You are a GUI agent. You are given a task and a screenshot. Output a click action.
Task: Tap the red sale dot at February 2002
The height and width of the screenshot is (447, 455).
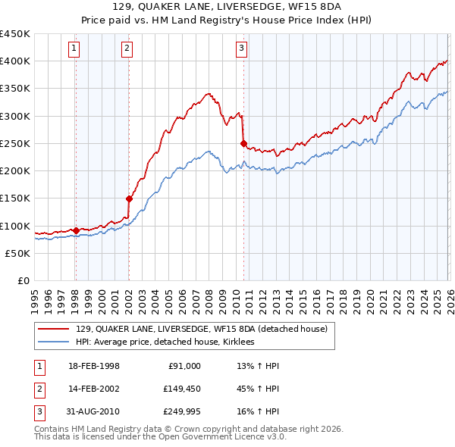[129, 199]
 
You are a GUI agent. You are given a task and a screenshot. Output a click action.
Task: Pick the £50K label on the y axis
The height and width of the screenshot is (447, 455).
[18, 253]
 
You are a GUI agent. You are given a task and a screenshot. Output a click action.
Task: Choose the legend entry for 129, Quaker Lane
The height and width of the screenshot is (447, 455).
[201, 329]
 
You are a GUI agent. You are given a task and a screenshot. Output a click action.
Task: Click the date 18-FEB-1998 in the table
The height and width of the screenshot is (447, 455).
[94, 366]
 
